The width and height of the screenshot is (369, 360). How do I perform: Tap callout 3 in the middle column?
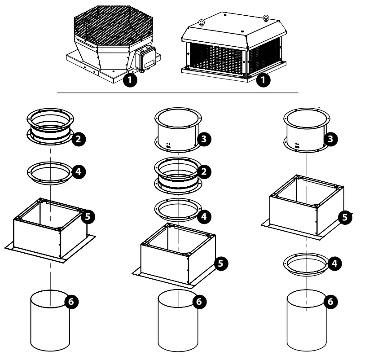click(x=204, y=139)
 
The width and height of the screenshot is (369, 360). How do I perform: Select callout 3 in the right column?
click(x=331, y=139)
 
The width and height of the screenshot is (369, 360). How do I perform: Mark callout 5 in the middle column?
click(x=220, y=263)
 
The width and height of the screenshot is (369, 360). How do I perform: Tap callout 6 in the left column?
click(x=71, y=301)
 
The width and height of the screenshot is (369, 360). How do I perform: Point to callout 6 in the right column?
click(x=331, y=301)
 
